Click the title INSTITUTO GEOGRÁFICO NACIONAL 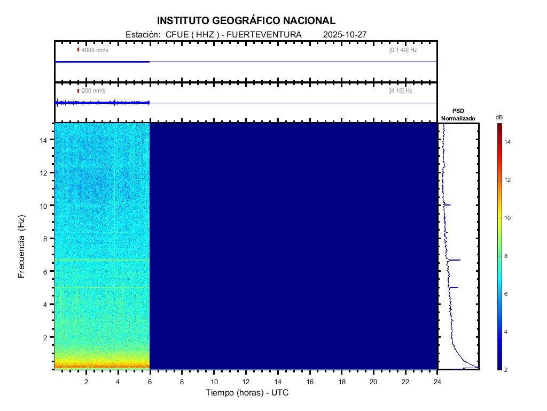[x=246, y=21]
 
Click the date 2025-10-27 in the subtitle [x=345, y=35]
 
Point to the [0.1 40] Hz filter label [x=403, y=50]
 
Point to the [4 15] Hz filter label [x=401, y=91]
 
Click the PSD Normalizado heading [x=458, y=115]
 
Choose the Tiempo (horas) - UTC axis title [x=247, y=393]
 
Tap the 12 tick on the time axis [x=246, y=381]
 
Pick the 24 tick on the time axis [x=437, y=381]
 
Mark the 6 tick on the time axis [x=150, y=381]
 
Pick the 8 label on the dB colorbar [x=507, y=256]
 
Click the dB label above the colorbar [x=499, y=117]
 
